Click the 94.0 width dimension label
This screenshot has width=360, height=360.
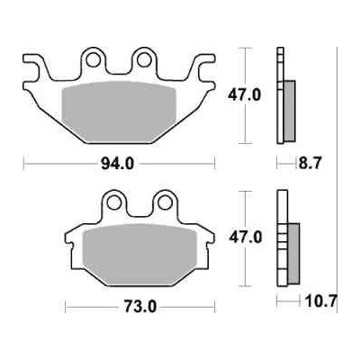click(x=117, y=164)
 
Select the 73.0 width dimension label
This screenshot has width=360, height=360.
click(x=140, y=307)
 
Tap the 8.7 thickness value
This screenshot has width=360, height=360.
click(x=310, y=164)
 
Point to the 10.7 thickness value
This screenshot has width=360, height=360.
click(x=320, y=301)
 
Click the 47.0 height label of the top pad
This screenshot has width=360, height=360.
click(x=244, y=95)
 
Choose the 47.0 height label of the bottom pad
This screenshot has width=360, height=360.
click(x=246, y=238)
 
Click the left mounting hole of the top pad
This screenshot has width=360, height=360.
click(x=93, y=59)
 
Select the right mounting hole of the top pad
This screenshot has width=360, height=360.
click(x=144, y=59)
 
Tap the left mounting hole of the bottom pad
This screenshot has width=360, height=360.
click(x=114, y=202)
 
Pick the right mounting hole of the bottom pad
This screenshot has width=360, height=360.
click(x=165, y=202)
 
